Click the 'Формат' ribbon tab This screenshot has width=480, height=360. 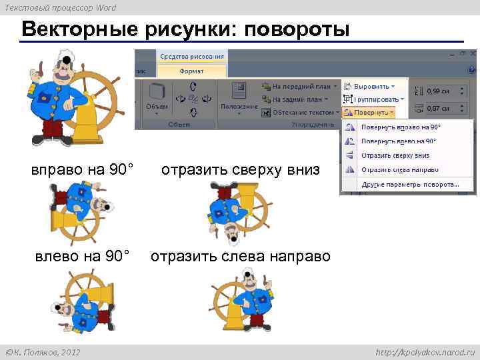(191, 71)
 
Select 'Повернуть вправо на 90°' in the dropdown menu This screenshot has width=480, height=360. (401, 127)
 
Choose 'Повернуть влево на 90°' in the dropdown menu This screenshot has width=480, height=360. (399, 141)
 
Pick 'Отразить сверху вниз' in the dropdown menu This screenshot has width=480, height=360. (395, 155)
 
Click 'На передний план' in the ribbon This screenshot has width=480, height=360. (301, 86)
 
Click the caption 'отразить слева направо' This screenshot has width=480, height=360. (240, 256)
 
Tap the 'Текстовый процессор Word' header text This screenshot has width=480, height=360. (60, 7)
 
